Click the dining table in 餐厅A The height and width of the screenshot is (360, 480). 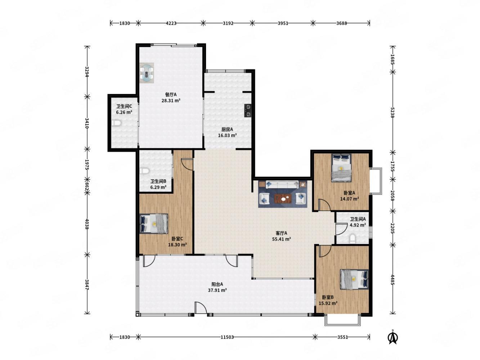pyautogui.click(x=147, y=73)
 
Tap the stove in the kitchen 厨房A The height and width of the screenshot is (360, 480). pyautogui.click(x=248, y=111)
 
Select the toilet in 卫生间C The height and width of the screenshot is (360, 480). pyautogui.click(x=116, y=123)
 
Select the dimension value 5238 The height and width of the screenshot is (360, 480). pyautogui.click(x=392, y=113)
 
